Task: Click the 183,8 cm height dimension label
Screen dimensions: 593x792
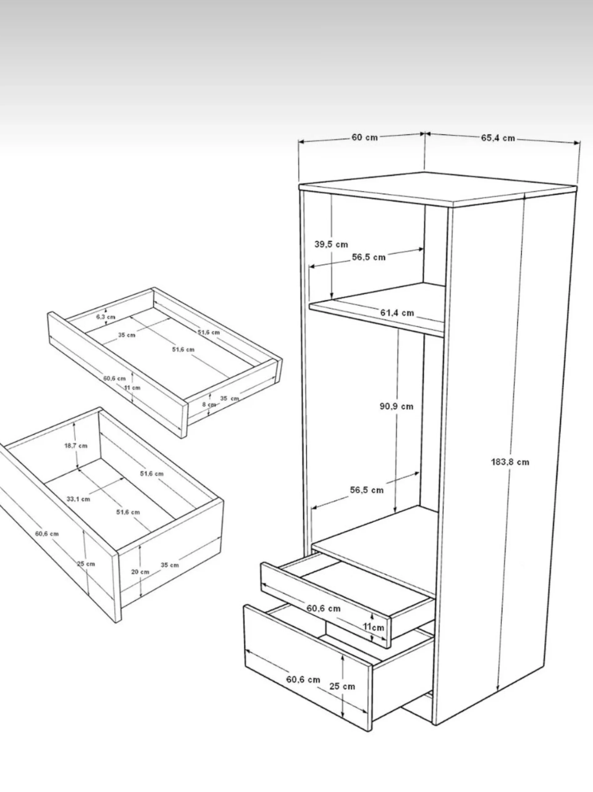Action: (510, 462)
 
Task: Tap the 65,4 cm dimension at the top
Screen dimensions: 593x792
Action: (498, 138)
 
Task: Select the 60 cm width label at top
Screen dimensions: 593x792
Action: (365, 138)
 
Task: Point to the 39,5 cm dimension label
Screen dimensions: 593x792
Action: (331, 244)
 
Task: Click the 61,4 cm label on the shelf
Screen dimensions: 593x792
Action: (397, 313)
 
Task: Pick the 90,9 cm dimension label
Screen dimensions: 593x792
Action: (397, 406)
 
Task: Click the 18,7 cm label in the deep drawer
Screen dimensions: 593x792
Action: (76, 446)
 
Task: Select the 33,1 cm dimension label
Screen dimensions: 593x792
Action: (78, 499)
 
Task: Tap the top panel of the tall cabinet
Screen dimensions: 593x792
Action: (438, 189)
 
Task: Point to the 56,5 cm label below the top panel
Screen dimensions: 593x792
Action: (368, 257)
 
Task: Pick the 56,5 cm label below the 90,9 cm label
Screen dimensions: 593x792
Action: (367, 490)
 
